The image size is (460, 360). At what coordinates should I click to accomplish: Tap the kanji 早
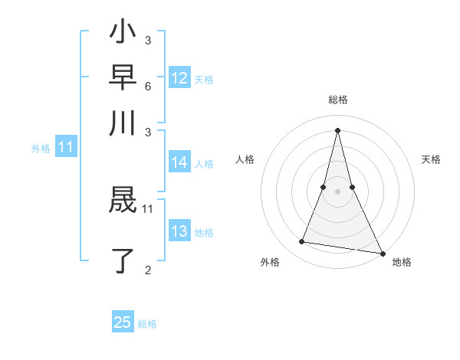pyautogui.click(x=123, y=79)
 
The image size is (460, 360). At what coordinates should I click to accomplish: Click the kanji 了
pyautogui.click(x=123, y=260)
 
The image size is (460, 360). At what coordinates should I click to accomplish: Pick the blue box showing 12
pyautogui.click(x=179, y=78)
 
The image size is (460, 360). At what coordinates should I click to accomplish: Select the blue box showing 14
pyautogui.click(x=179, y=162)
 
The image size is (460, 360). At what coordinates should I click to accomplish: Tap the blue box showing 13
pyautogui.click(x=179, y=231)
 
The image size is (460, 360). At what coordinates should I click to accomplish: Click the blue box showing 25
pyautogui.click(x=123, y=322)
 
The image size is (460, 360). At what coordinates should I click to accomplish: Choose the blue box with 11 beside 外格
pyautogui.click(x=65, y=148)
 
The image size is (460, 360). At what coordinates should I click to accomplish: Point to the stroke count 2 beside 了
pyautogui.click(x=147, y=270)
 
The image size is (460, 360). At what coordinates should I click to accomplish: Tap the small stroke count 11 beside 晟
pyautogui.click(x=148, y=208)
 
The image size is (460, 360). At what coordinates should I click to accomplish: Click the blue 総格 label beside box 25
pyautogui.click(x=147, y=324)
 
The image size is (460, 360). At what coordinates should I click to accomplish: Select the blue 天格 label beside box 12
pyautogui.click(x=204, y=80)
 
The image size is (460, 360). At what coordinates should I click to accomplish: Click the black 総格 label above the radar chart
pyautogui.click(x=338, y=100)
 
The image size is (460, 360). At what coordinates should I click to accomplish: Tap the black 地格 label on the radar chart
pyautogui.click(x=402, y=263)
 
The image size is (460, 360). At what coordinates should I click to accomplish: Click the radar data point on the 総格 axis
pyautogui.click(x=338, y=129)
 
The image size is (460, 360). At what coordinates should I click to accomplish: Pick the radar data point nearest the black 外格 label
pyautogui.click(x=302, y=242)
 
